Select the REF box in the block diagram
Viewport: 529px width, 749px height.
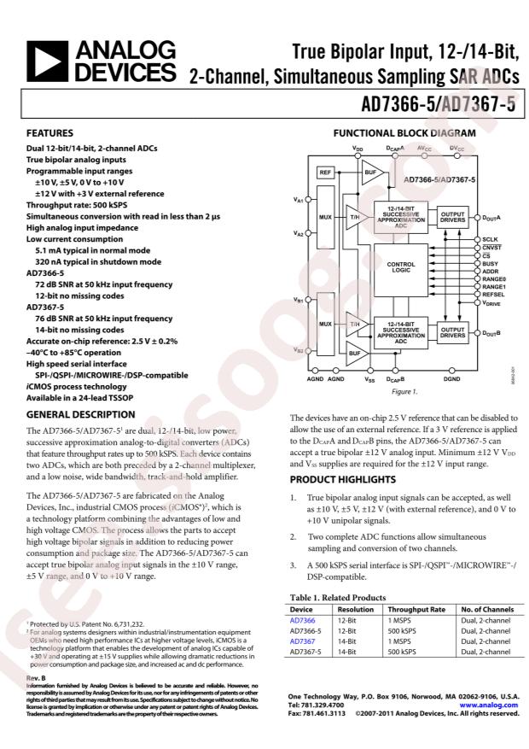(325, 173)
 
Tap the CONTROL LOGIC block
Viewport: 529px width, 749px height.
(400, 267)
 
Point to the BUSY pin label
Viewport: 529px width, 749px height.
(490, 263)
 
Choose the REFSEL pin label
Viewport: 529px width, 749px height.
(493, 294)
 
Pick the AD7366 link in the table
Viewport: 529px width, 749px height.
(302, 620)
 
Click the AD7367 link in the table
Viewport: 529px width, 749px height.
(302, 641)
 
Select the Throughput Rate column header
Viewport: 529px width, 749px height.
(416, 610)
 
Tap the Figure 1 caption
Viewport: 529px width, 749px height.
(404, 391)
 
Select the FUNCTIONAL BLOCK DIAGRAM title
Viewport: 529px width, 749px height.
(404, 134)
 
